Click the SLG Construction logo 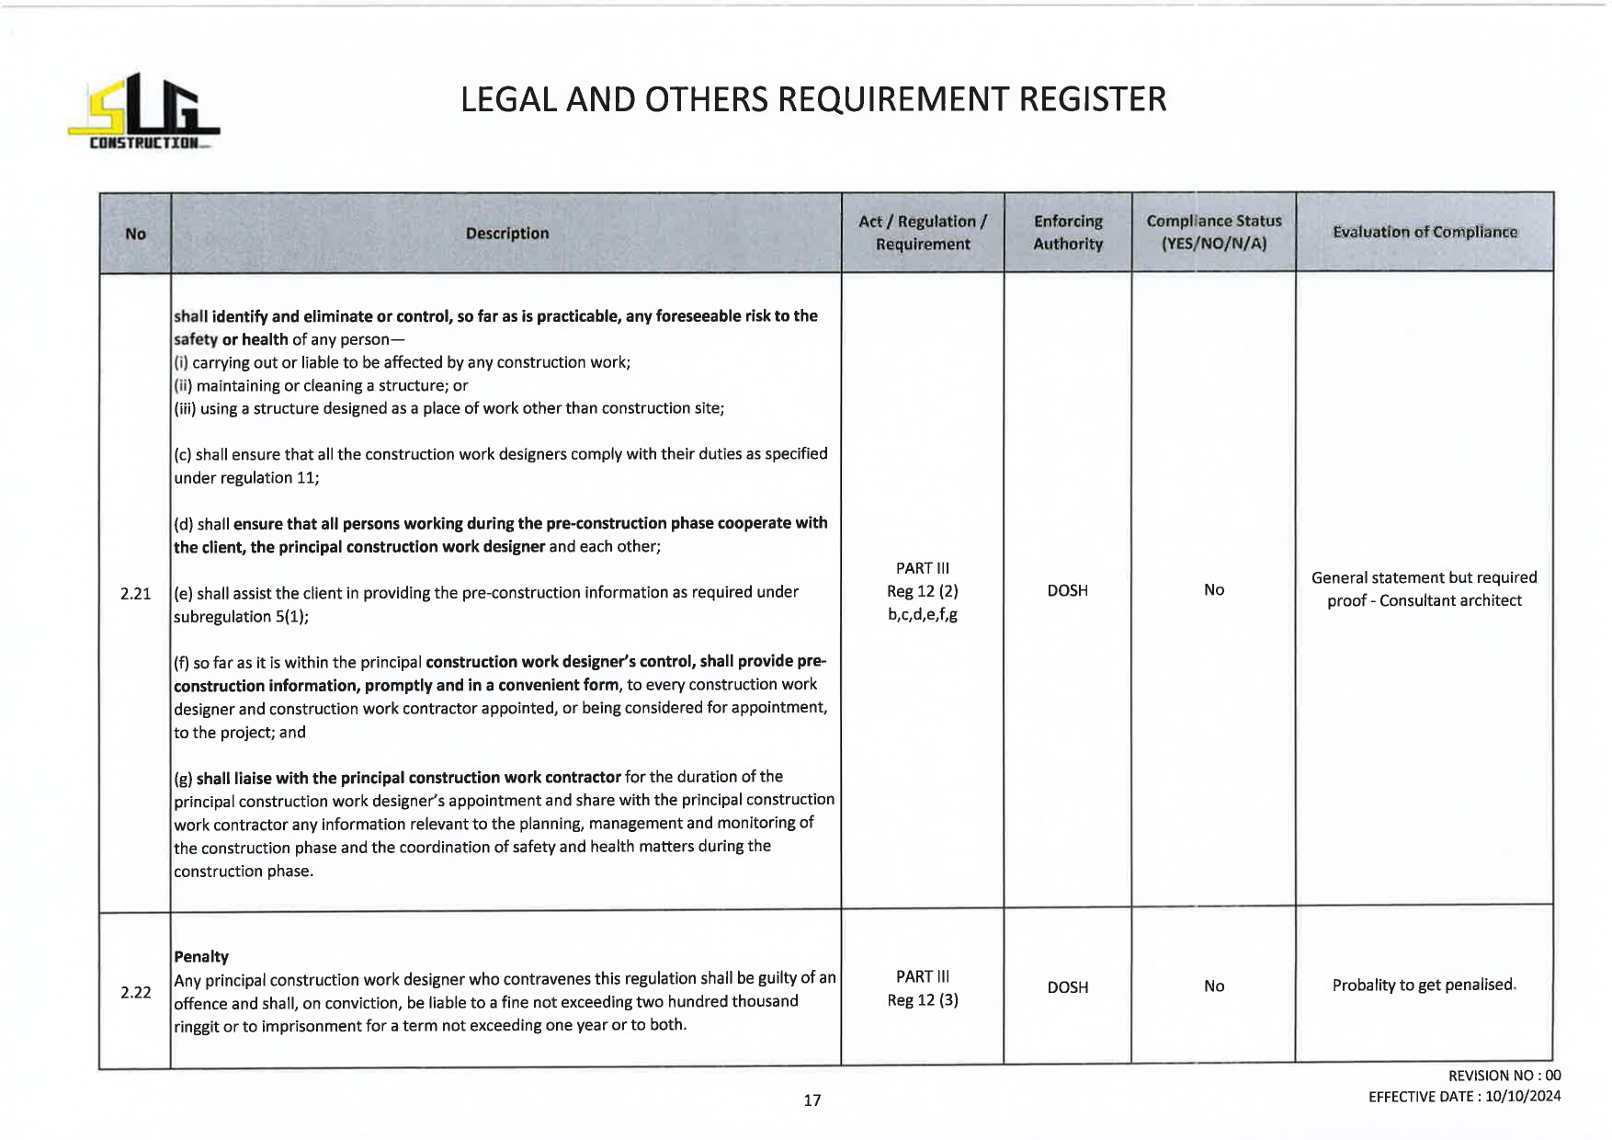click(143, 112)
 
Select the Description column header click(506, 234)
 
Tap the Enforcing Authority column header click(1067, 233)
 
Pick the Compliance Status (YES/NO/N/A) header click(1213, 233)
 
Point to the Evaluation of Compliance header click(1425, 233)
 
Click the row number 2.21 click(135, 594)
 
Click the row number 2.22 click(135, 992)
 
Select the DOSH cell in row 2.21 click(1067, 590)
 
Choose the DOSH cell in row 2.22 click(1067, 987)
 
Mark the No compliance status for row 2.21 click(1213, 590)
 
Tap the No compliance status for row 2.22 click(1213, 986)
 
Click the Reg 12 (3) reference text click(922, 1000)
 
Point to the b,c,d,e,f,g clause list click(922, 614)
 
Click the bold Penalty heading click(201, 957)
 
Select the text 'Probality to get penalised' click(1422, 986)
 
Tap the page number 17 click(812, 1100)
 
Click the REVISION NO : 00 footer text click(1504, 1076)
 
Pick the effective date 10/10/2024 click(1522, 1097)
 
